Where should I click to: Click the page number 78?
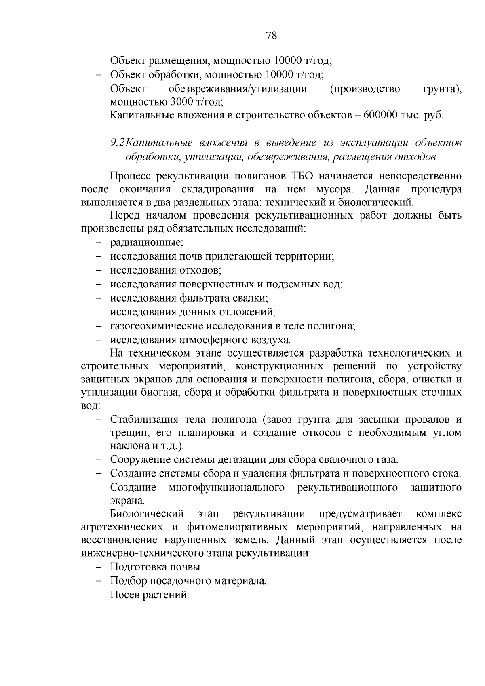[272, 36]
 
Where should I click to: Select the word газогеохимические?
[157, 326]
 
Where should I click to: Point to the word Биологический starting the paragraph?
[147, 514]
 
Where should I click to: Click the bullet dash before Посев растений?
[99, 595]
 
